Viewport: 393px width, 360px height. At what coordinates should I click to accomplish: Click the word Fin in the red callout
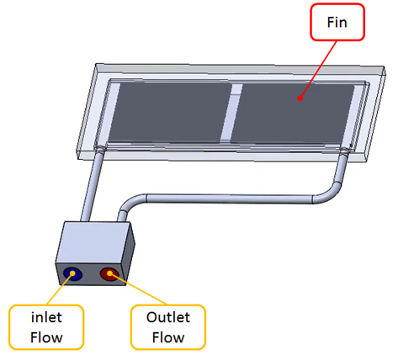(x=337, y=22)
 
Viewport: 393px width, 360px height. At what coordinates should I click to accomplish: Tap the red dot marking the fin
(x=300, y=98)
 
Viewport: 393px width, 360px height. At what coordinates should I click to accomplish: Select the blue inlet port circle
(x=72, y=273)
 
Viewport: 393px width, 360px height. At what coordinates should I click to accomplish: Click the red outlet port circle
(x=109, y=274)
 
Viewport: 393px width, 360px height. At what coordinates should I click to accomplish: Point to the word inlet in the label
(x=46, y=318)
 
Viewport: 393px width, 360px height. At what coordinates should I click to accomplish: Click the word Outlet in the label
(x=168, y=317)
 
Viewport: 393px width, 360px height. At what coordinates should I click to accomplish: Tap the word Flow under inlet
(x=46, y=337)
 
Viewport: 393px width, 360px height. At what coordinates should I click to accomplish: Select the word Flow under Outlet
(x=168, y=337)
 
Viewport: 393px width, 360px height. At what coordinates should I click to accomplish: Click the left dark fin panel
(x=170, y=112)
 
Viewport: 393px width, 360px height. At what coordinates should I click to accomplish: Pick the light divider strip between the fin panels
(x=231, y=112)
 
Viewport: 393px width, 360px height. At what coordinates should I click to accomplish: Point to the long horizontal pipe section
(x=230, y=199)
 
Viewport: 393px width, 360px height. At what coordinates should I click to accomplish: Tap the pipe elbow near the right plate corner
(x=331, y=192)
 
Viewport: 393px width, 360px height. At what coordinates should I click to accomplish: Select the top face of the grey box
(x=94, y=242)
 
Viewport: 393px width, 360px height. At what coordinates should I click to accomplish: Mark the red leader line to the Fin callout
(x=318, y=70)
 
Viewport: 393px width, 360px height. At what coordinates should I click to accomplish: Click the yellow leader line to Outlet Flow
(x=138, y=289)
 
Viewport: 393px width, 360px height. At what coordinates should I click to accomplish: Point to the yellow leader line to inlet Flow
(x=60, y=289)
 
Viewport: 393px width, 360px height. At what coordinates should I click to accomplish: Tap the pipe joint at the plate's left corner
(x=100, y=148)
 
